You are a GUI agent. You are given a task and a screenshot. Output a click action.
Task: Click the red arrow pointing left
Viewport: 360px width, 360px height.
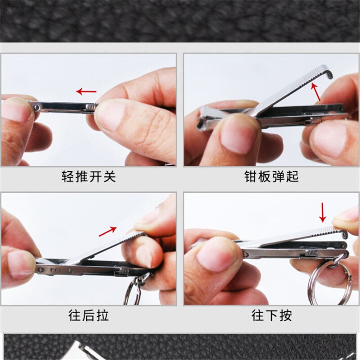pos(86,92)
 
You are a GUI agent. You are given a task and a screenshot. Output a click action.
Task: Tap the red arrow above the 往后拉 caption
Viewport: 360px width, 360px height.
pos(108,231)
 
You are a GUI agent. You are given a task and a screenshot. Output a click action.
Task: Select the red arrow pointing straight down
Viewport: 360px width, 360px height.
pos(322,212)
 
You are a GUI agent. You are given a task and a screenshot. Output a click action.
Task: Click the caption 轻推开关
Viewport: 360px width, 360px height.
pos(89,176)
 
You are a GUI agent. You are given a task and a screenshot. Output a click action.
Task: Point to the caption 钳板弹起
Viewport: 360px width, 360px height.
pos(271,176)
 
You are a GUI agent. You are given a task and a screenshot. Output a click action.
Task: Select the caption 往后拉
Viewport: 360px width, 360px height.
pos(89,315)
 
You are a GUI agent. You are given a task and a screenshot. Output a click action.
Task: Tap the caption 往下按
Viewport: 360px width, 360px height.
pos(271,315)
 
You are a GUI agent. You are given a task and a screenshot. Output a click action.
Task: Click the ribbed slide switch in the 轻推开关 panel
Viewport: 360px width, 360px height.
pos(90,107)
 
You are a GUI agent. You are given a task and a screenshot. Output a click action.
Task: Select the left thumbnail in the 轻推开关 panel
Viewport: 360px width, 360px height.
pos(16,111)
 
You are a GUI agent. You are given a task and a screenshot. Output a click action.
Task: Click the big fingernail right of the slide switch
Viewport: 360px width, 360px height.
pos(108,115)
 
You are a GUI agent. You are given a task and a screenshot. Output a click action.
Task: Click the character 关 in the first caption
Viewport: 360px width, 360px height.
pos(109,176)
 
